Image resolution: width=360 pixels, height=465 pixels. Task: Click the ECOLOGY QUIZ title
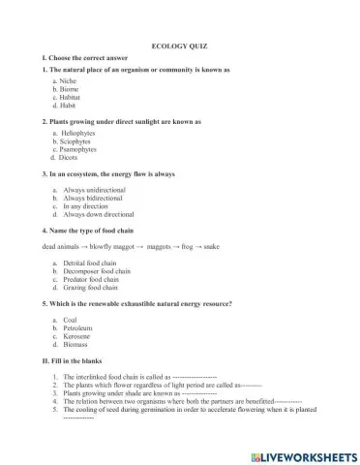[x=180, y=46]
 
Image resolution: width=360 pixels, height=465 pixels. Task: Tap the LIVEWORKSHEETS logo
[x=301, y=454]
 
